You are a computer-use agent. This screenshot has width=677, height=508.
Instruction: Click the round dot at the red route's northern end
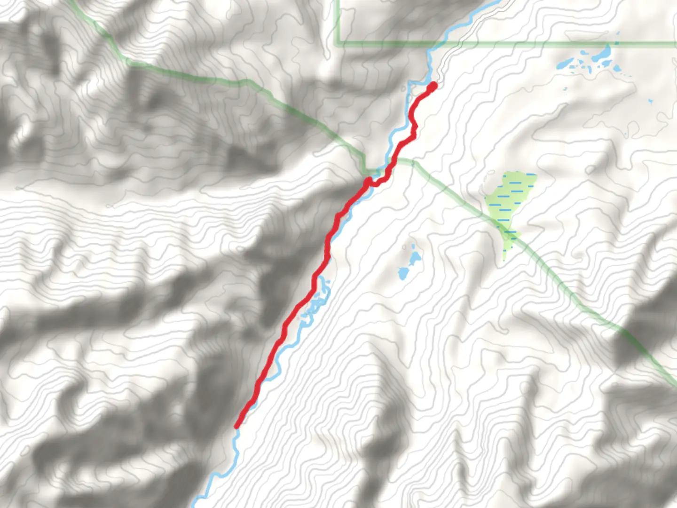pos(433,86)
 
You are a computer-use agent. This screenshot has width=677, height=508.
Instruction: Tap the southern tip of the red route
pos(237,426)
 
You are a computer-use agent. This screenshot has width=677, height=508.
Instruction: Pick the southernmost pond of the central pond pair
pos(403,273)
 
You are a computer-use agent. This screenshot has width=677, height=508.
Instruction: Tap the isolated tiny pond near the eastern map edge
pos(651,101)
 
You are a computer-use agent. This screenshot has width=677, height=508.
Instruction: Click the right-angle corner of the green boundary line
pos(337,44)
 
